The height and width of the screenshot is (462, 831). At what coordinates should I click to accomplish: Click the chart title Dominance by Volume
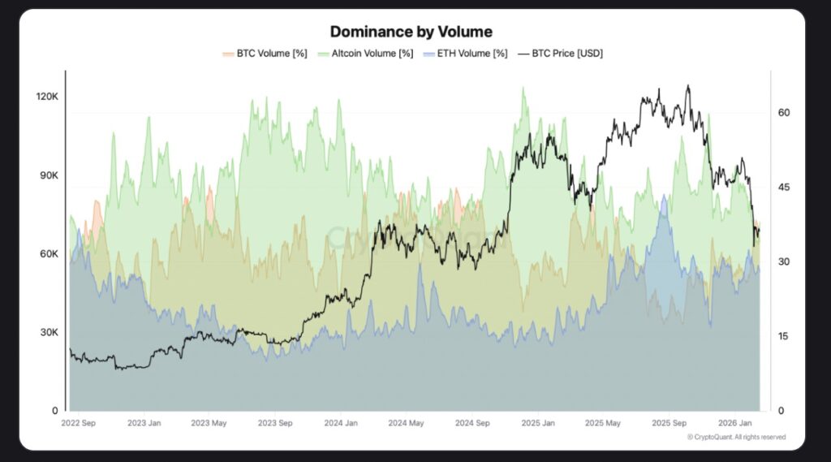[411, 32]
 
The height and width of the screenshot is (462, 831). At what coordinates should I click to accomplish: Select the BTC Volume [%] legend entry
[265, 54]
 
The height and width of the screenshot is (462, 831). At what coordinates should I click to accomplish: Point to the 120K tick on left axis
[46, 97]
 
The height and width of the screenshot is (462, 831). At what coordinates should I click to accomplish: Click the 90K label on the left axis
[49, 175]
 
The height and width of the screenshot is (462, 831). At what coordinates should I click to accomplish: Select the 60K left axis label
[49, 254]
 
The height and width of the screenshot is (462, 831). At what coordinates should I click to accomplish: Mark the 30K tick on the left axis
[49, 333]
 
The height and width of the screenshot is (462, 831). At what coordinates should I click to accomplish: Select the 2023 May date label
[209, 423]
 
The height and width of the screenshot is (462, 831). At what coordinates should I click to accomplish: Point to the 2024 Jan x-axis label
[341, 423]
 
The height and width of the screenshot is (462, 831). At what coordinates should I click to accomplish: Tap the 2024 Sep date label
[472, 423]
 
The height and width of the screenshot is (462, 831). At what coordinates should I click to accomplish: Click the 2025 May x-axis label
[603, 423]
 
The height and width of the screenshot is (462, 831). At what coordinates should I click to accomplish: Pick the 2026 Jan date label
[734, 423]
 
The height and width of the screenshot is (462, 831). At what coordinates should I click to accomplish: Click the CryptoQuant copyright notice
[736, 438]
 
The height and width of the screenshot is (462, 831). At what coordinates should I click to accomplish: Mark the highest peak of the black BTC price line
[688, 85]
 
